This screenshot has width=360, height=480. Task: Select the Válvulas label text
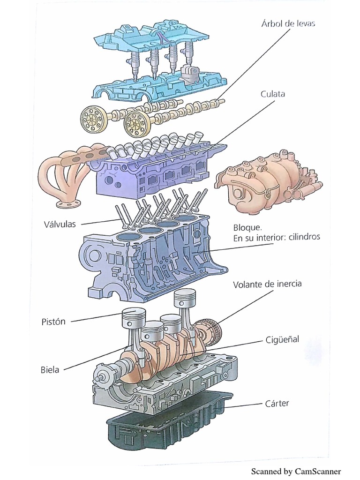coord(57,224)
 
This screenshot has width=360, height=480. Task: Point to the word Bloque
coord(247,228)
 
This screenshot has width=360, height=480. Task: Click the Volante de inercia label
coord(267,284)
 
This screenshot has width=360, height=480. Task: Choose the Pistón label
coord(53,322)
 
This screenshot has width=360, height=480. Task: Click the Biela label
coord(50,369)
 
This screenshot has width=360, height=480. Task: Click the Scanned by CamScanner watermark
coord(296,471)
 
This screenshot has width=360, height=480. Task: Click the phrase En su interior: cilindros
coord(277,238)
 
